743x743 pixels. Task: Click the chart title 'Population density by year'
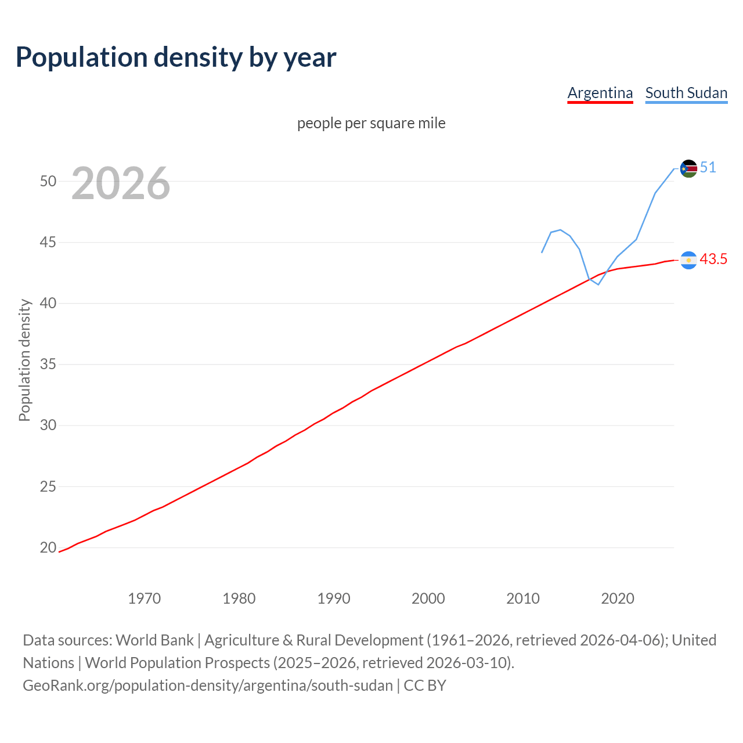coord(176,57)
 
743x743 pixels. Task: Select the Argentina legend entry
coord(600,93)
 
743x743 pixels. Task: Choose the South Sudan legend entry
coord(686,93)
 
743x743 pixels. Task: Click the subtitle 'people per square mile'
coord(371,123)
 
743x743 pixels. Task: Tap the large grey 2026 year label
coord(121,183)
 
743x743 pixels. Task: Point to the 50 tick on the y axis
coord(48,181)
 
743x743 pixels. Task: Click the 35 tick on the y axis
coord(48,365)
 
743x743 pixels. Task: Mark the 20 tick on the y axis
coord(48,547)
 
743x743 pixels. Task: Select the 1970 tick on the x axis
coord(144,598)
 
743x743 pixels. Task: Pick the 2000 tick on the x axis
coord(428,598)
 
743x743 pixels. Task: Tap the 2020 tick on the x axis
coord(617,598)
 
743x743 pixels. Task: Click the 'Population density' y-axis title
coord(24,360)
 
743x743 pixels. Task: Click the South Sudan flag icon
coord(688,169)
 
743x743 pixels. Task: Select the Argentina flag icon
coord(688,260)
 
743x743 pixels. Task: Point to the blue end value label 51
coord(708,168)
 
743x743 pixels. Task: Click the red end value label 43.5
coord(713,259)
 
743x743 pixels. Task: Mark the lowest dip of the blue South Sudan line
coord(598,284)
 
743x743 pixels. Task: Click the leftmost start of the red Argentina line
coord(59,551)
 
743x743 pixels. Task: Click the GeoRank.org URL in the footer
coord(208,686)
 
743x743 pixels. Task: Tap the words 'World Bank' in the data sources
coord(154,640)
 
